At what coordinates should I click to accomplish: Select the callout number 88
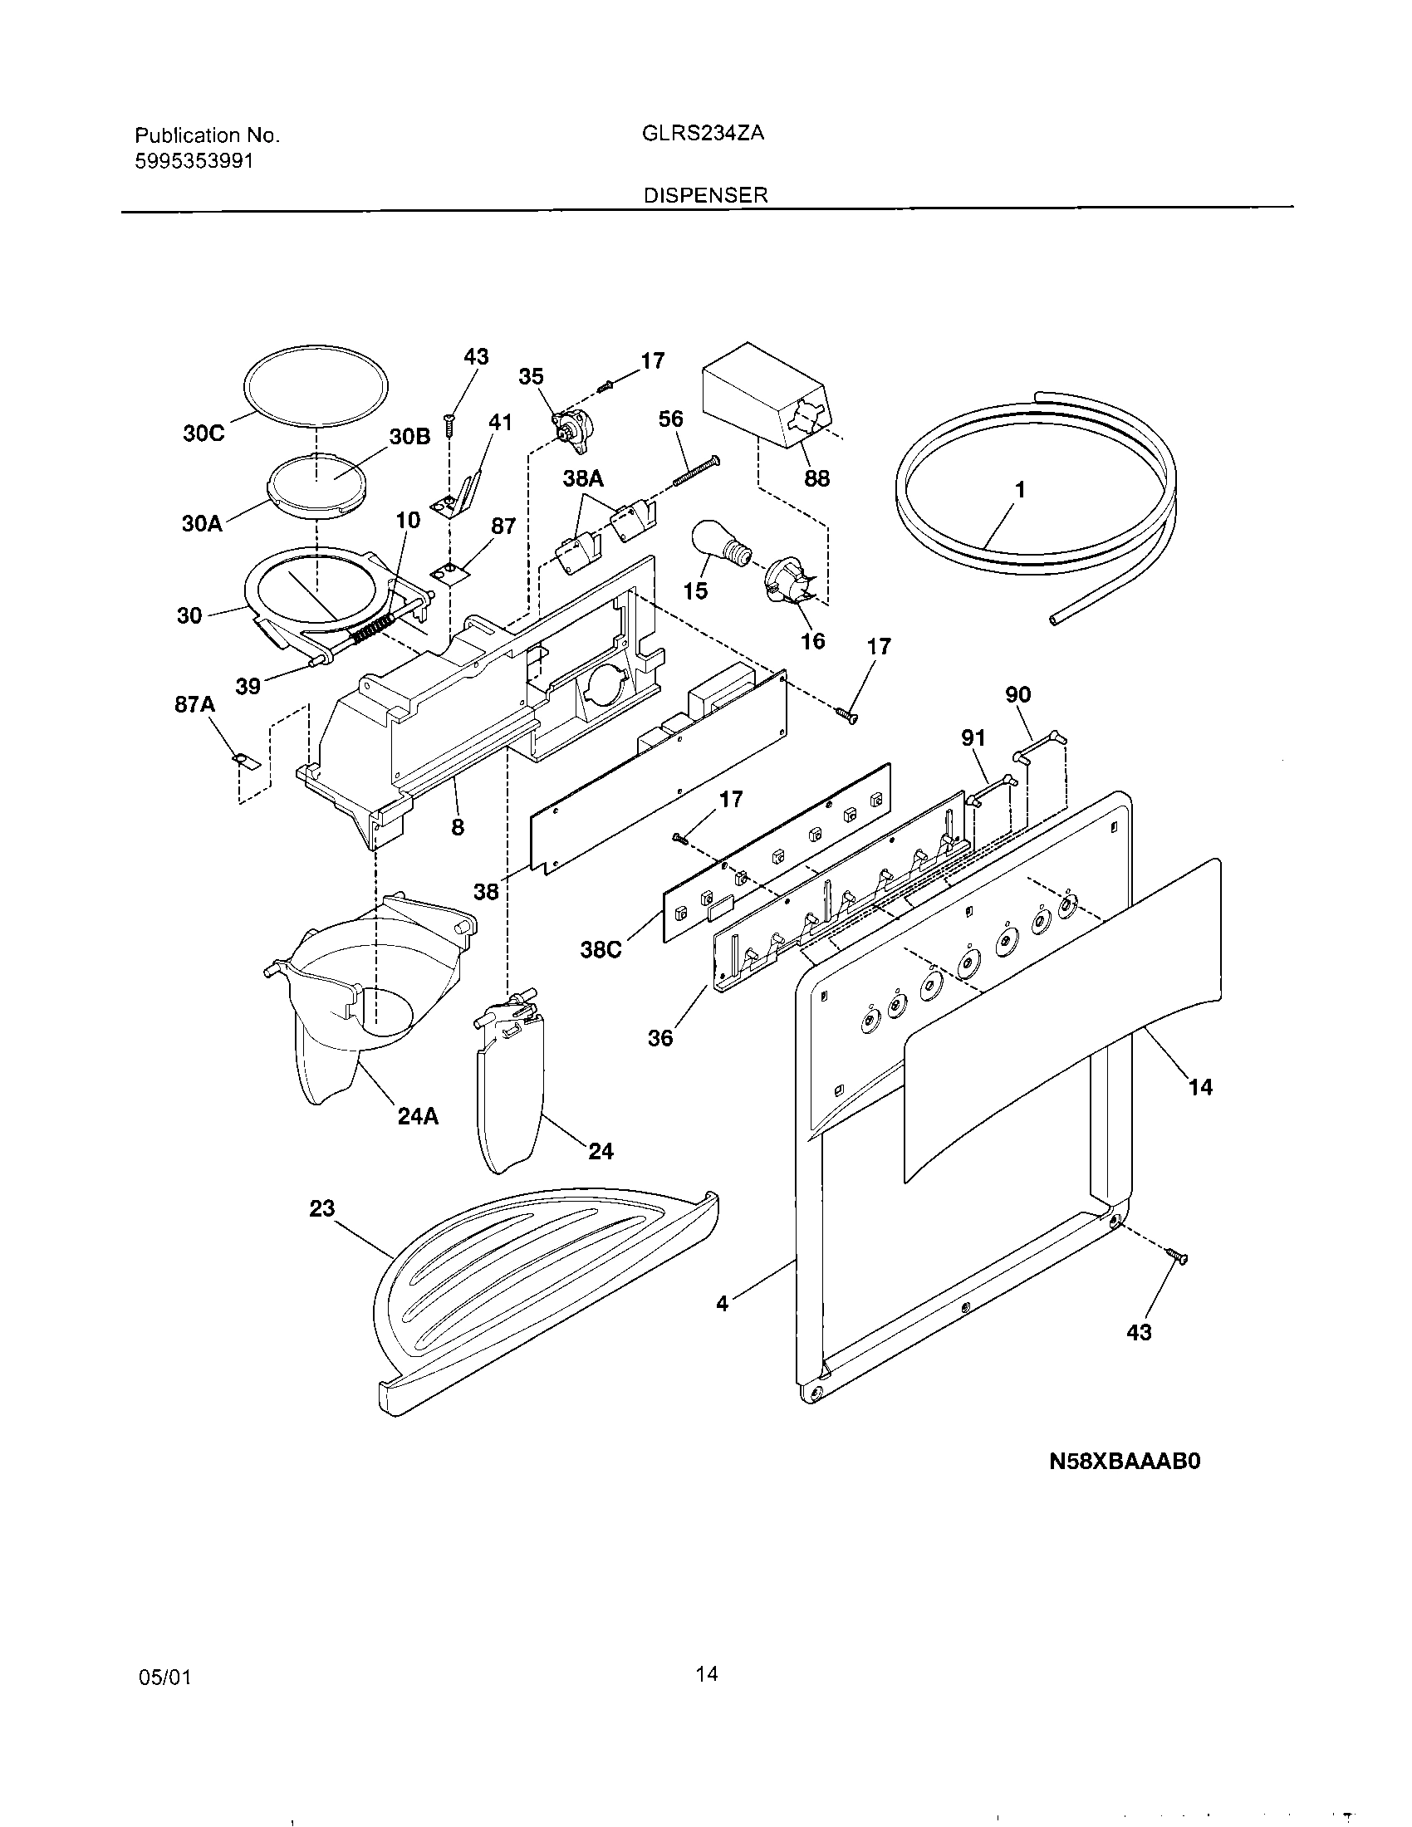[x=816, y=478]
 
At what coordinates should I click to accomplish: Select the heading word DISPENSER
[x=705, y=195]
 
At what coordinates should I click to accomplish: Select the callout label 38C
[x=601, y=950]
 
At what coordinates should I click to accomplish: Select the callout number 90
[x=1018, y=694]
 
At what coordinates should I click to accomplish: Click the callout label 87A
[x=194, y=705]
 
